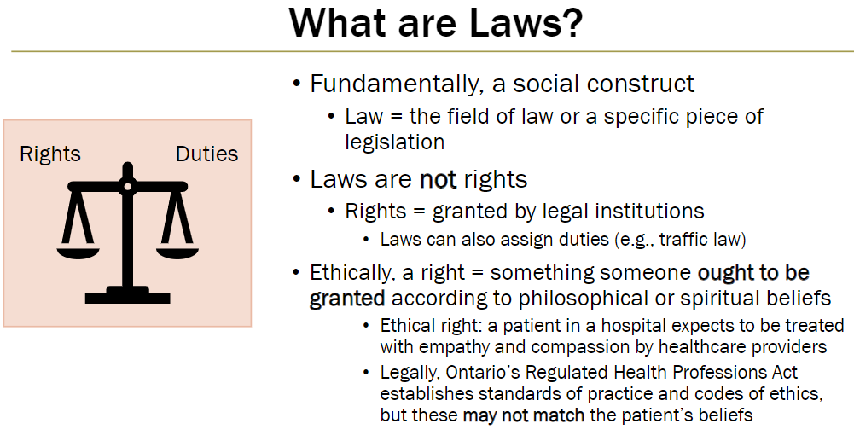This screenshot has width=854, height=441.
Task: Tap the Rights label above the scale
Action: (x=50, y=154)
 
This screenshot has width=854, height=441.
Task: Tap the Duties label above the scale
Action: (x=206, y=154)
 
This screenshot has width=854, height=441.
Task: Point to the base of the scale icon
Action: (x=127, y=296)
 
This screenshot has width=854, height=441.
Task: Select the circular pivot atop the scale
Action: (x=127, y=185)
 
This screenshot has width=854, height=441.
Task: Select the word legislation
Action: (x=394, y=141)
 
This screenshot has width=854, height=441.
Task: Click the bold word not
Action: (x=438, y=180)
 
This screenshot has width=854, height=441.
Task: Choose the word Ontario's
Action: (x=478, y=373)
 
